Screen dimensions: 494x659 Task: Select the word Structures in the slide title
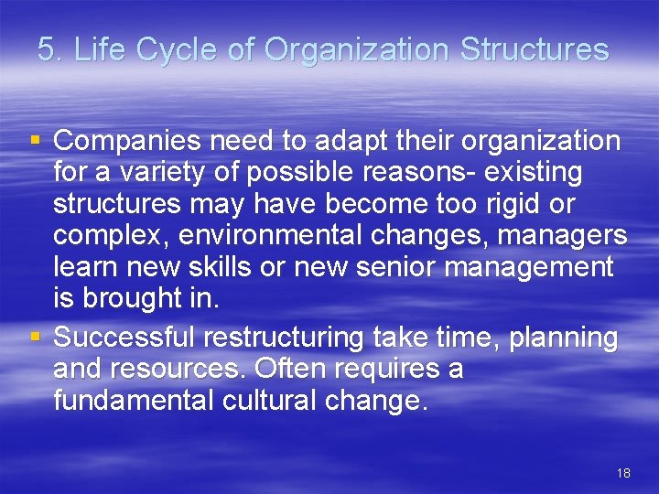[x=535, y=49]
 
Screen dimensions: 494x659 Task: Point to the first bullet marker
[x=36, y=141]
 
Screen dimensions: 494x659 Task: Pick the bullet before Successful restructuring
[x=36, y=338]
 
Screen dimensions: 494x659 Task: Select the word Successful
[x=124, y=338]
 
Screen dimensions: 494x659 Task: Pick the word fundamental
[x=138, y=401]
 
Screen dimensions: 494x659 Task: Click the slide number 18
[x=623, y=473]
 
